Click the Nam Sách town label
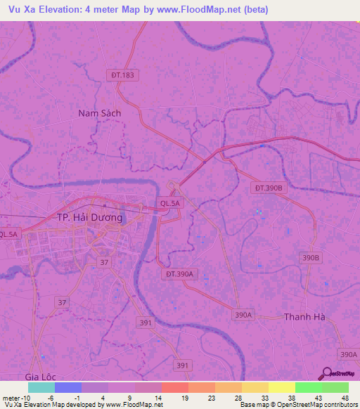pos(100,112)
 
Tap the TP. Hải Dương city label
pos(89,218)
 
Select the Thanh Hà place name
pos(304,317)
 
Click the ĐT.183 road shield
pos(122,74)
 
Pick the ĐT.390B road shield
pos(268,188)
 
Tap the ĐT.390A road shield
pos(180,274)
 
